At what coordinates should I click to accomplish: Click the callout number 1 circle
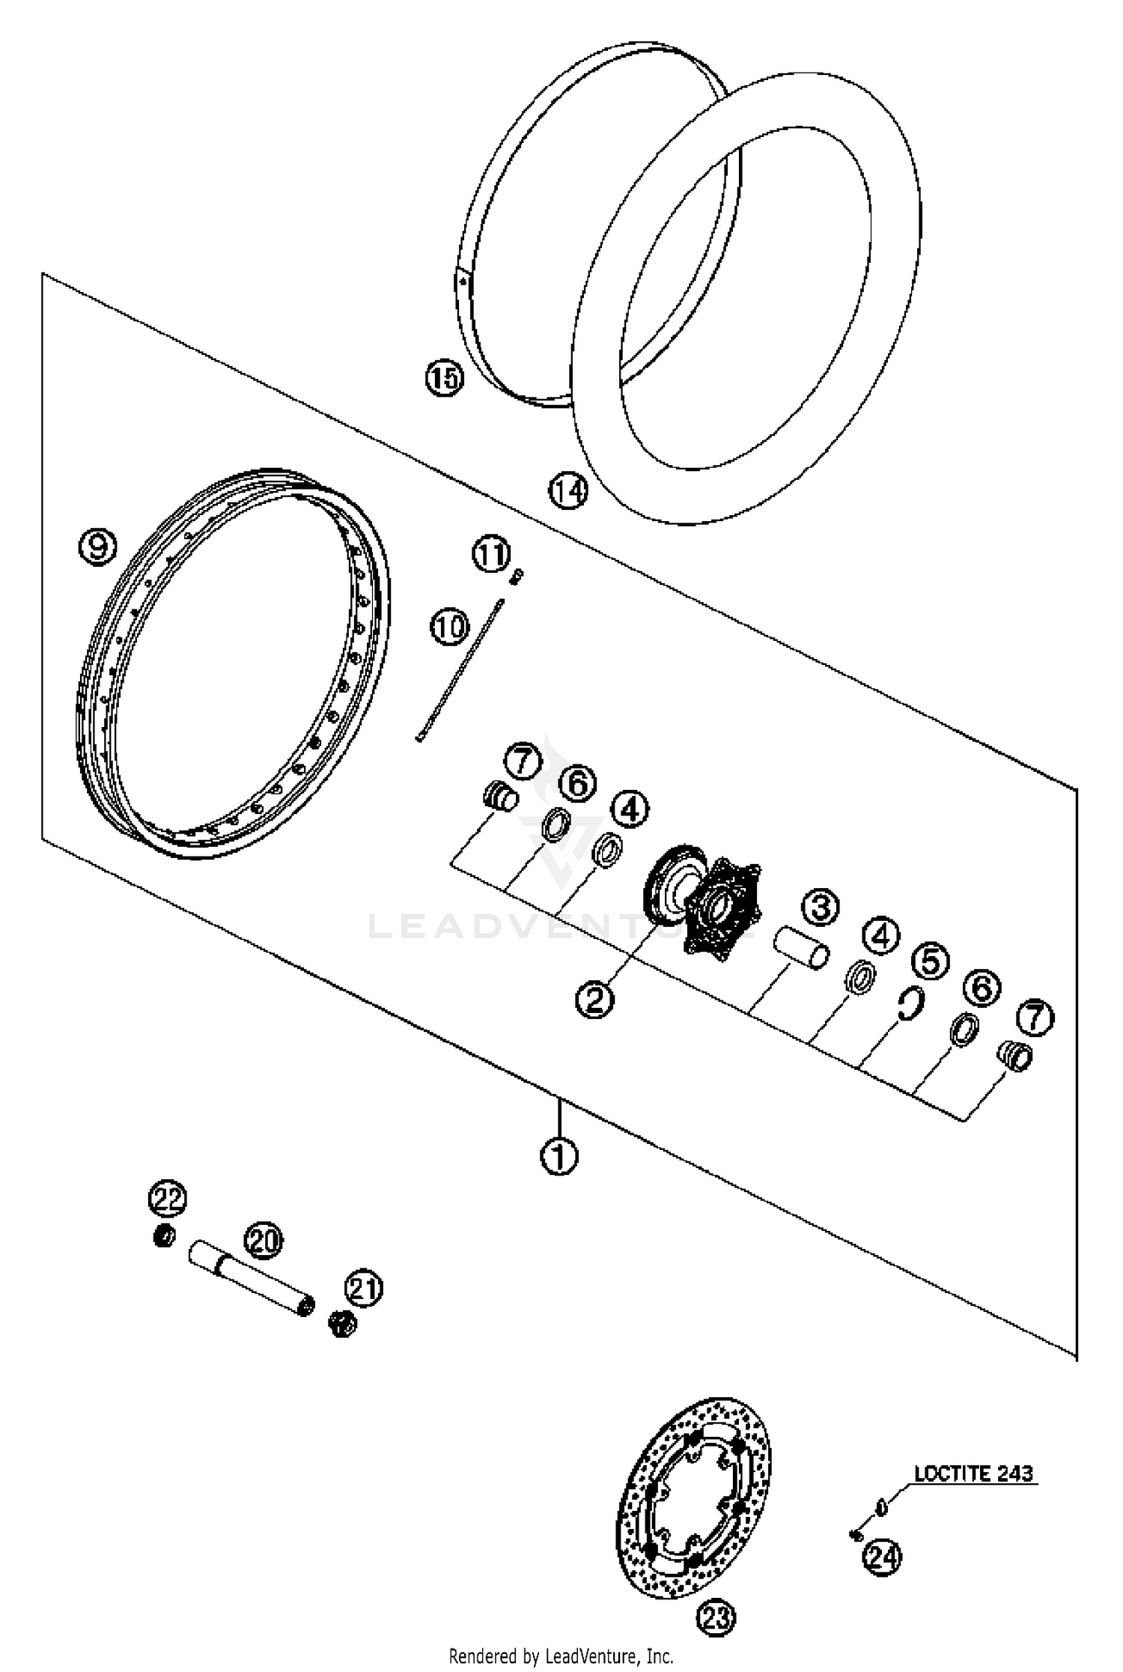click(559, 1157)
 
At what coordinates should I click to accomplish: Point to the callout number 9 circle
click(98, 547)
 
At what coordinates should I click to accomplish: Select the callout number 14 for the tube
click(568, 491)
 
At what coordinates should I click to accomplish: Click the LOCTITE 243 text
click(973, 1473)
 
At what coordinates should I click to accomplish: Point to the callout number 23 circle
click(716, 1618)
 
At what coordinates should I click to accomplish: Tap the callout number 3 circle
click(821, 908)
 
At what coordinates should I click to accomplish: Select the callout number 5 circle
click(930, 961)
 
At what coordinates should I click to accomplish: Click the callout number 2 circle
click(595, 999)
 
